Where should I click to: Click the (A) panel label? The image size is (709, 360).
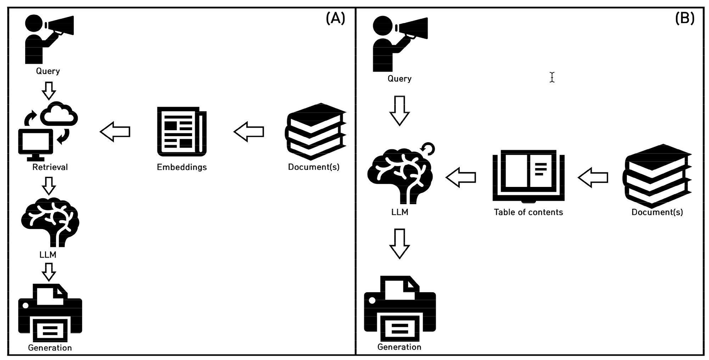point(335,18)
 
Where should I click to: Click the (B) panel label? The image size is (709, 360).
point(684,18)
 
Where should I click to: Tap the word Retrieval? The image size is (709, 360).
point(50,167)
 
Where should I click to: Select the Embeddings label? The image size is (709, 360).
point(182,167)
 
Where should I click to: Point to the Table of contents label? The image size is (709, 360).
point(528,212)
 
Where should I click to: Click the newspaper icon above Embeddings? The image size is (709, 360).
point(182,132)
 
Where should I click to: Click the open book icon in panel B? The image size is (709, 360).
point(528,176)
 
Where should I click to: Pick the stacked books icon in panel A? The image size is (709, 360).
point(315,132)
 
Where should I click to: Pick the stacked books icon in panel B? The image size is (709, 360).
point(657,176)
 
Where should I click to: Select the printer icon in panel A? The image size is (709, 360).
point(50,312)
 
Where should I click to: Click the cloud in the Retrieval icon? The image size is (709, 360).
point(59,114)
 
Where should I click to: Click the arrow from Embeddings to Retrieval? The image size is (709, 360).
point(115,132)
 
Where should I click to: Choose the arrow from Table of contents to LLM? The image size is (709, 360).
point(460,177)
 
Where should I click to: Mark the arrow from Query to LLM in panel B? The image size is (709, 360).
point(400,110)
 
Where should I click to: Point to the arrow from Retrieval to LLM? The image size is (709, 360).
point(49,185)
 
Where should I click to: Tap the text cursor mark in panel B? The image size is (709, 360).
point(552,77)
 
